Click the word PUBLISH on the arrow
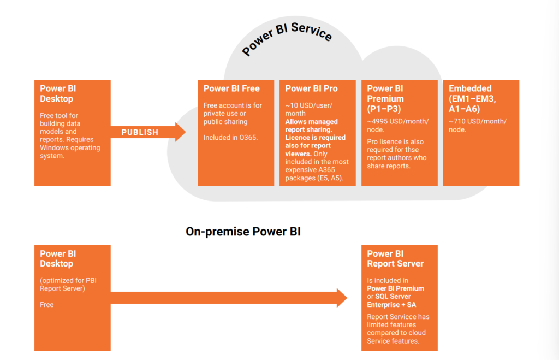(140, 132)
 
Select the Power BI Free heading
(231, 88)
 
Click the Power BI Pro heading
(311, 88)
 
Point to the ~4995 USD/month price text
(398, 125)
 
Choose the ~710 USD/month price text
(477, 125)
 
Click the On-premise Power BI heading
(243, 232)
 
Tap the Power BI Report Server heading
(395, 259)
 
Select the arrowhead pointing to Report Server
(342, 298)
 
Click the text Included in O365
(230, 138)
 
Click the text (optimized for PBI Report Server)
(68, 285)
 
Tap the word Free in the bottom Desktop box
(47, 305)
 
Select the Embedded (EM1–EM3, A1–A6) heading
(472, 98)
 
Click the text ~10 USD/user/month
(309, 109)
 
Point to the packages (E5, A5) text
(314, 178)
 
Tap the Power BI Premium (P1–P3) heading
(385, 98)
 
